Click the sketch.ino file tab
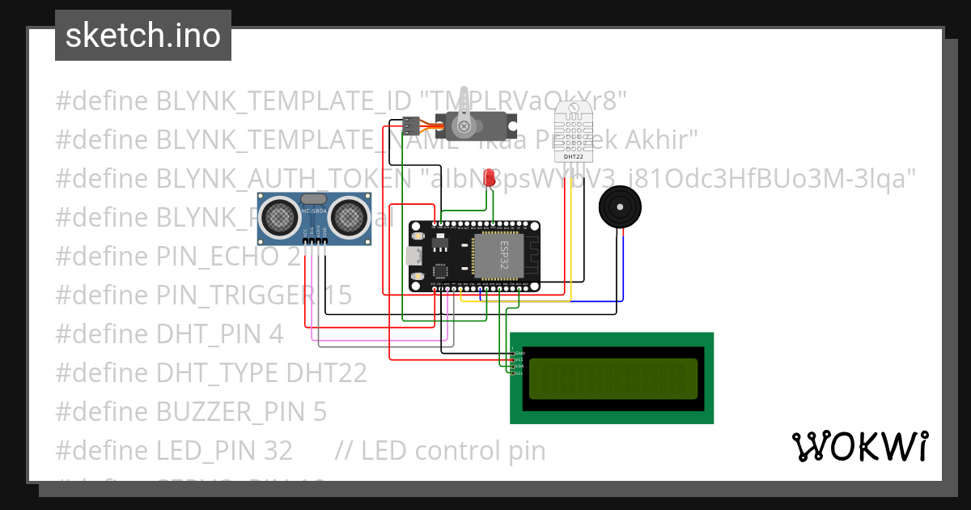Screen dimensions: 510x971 [x=142, y=36]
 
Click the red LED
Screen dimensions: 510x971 [x=489, y=177]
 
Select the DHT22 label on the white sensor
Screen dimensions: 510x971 [x=574, y=157]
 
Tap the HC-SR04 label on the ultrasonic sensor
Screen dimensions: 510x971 [x=313, y=212]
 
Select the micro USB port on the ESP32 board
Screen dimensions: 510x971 [x=413, y=257]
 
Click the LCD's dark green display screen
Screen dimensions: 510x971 [x=613, y=378]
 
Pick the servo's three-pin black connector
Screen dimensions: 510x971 [x=410, y=125]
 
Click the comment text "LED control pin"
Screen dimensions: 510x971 [x=453, y=451]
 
